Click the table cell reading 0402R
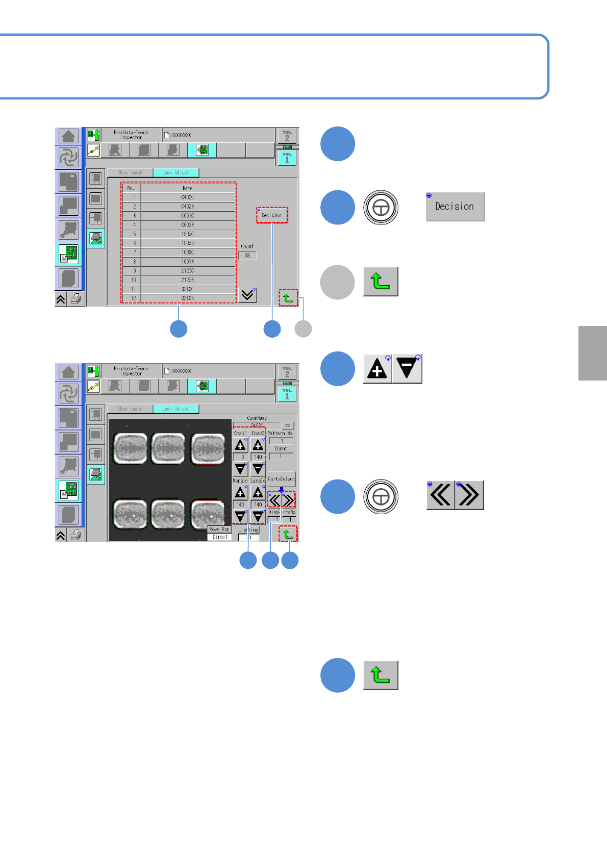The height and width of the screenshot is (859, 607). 188,207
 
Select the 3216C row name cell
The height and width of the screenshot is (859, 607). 188,289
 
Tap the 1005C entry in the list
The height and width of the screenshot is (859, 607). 188,234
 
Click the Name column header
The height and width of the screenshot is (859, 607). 188,188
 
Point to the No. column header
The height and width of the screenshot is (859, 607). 131,188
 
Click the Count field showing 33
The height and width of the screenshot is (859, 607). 247,256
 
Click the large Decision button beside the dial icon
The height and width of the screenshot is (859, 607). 454,207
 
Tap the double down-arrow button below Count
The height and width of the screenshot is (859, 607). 247,295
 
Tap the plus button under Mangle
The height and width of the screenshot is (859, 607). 240,493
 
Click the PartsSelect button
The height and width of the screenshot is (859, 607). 282,479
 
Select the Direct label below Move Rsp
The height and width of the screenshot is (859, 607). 220,537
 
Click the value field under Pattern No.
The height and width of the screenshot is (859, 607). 281,441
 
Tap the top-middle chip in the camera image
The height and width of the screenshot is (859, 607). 168,448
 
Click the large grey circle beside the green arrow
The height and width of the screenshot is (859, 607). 337,282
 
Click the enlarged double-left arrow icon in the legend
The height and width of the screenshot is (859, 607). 440,495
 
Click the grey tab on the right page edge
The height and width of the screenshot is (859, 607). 592,353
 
